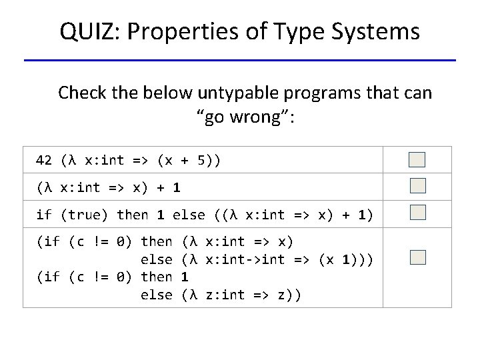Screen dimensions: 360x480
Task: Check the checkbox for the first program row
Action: tap(417, 159)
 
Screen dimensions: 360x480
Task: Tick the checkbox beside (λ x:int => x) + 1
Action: tap(417, 186)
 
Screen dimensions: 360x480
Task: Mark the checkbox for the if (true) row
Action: tap(417, 213)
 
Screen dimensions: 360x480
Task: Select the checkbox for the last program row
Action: tap(417, 257)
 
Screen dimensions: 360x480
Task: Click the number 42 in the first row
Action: tap(44, 161)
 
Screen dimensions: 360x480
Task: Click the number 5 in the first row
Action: tap(203, 161)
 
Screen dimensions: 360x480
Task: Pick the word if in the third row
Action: tap(44, 215)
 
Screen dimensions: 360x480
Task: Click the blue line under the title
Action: tap(240, 61)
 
